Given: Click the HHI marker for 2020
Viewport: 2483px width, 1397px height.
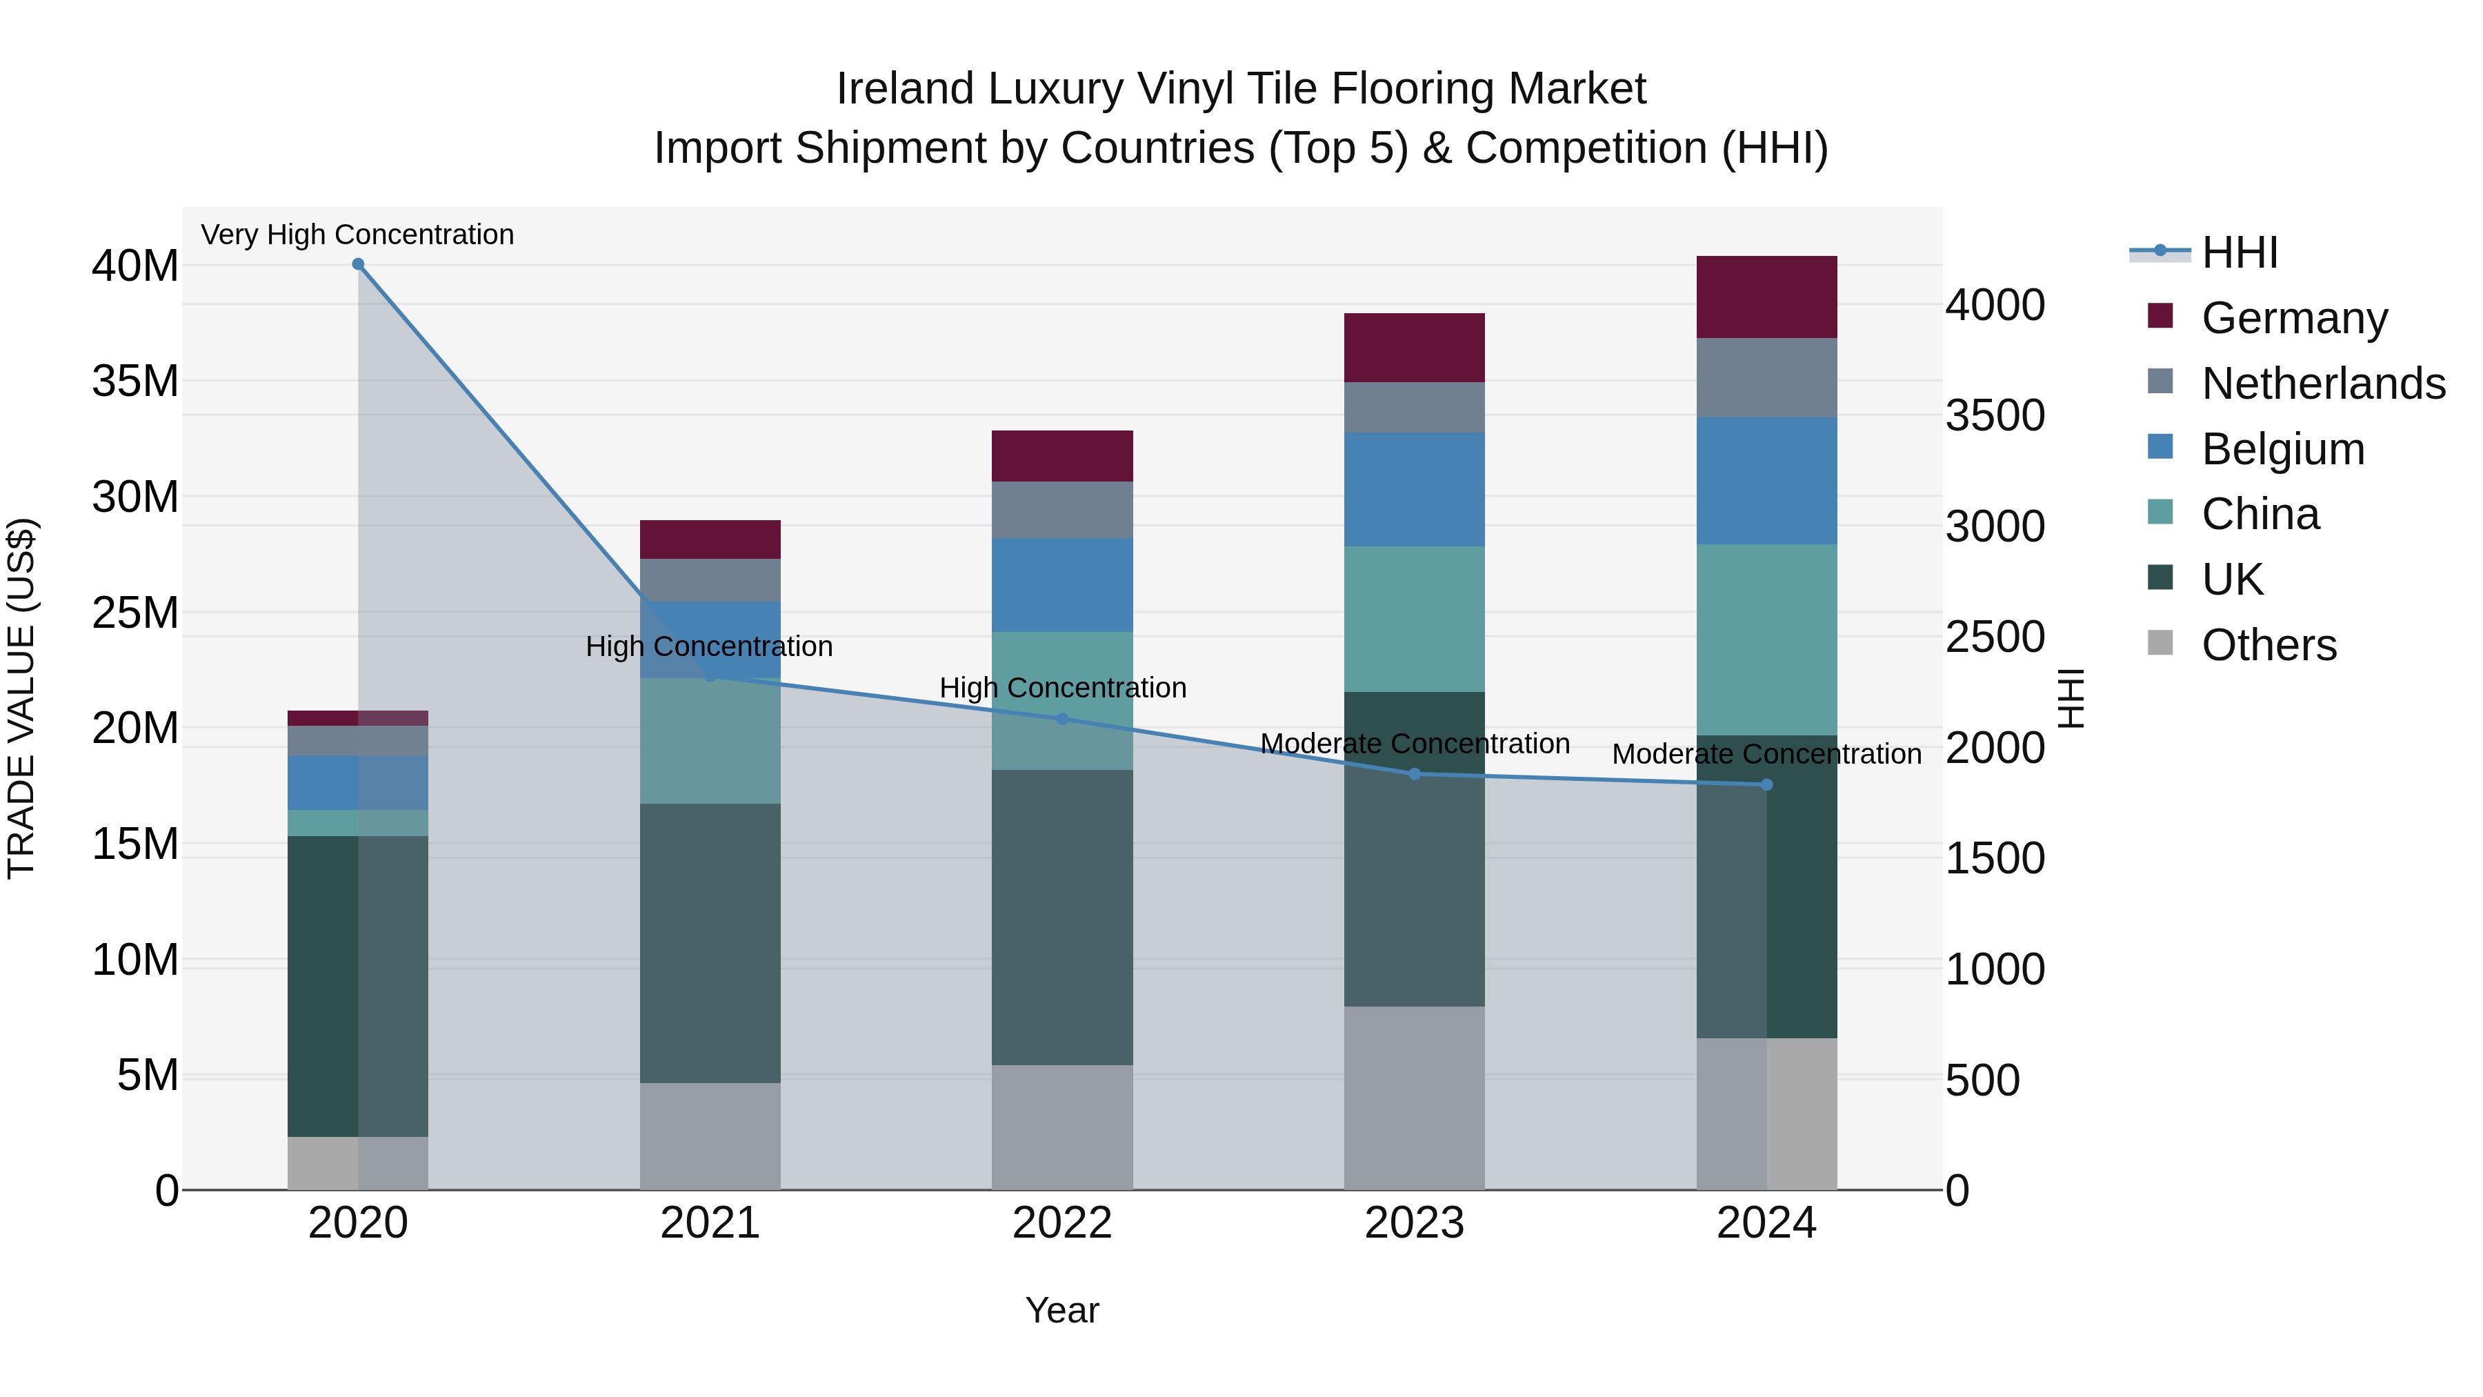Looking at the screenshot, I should click(357, 264).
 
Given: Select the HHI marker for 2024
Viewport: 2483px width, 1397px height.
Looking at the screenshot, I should click(1766, 785).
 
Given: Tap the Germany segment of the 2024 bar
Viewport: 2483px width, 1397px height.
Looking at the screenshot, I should click(1766, 297).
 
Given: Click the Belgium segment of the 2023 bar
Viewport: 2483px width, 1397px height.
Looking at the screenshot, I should click(1414, 490).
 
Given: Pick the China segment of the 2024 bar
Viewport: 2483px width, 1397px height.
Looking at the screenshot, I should click(1766, 640).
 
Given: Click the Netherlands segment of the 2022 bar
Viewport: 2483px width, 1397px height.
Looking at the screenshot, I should click(1062, 509).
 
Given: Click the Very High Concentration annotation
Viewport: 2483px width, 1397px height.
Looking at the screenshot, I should click(357, 235).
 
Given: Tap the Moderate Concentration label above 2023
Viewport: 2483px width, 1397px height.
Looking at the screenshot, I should click(1414, 743).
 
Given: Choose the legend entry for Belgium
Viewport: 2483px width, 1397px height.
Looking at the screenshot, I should click(2282, 449).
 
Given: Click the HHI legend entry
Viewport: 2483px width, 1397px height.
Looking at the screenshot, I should click(2239, 252).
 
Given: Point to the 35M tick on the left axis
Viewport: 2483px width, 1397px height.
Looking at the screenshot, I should click(135, 382).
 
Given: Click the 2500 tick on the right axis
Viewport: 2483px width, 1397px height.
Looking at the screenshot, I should click(1994, 637).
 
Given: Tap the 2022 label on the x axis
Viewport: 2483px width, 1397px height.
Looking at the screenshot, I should click(1062, 1223).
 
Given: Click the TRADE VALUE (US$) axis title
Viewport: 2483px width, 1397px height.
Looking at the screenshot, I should click(21, 698).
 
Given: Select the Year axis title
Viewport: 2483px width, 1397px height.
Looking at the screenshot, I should click(1062, 1310).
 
